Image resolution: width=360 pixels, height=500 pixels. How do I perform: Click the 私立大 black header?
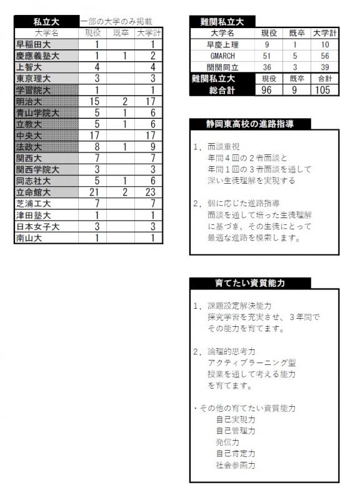(47, 21)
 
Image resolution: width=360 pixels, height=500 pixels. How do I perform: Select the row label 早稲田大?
(33, 44)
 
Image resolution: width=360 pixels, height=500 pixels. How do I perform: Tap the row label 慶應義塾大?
(37, 56)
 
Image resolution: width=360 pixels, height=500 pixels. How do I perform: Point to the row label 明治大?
(29, 101)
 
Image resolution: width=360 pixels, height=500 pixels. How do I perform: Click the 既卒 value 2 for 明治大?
(124, 101)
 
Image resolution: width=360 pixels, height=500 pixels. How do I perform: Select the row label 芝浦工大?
(33, 204)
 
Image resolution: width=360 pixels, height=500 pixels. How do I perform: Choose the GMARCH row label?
(222, 55)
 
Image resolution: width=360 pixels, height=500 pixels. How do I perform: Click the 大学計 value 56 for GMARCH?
(324, 55)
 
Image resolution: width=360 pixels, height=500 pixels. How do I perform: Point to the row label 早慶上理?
(222, 44)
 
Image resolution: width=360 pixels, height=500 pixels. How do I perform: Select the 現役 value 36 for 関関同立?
(267, 66)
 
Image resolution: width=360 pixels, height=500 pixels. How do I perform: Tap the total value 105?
(324, 90)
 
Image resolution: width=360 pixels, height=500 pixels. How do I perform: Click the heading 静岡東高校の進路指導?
(250, 124)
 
